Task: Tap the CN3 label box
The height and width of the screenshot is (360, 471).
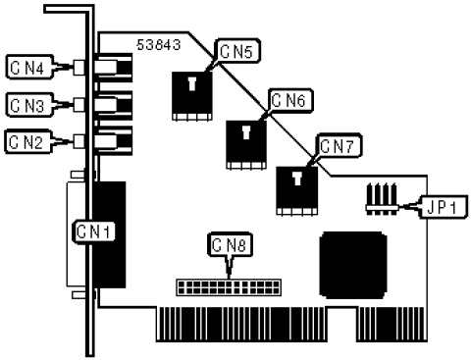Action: pyautogui.click(x=26, y=103)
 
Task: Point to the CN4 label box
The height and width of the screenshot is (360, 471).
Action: pyautogui.click(x=26, y=68)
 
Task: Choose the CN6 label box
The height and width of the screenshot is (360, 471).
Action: pyautogui.click(x=288, y=100)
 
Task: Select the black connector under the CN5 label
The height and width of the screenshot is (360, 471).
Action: pyautogui.click(x=191, y=95)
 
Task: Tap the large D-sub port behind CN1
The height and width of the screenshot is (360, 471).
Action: pyautogui.click(x=110, y=233)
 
